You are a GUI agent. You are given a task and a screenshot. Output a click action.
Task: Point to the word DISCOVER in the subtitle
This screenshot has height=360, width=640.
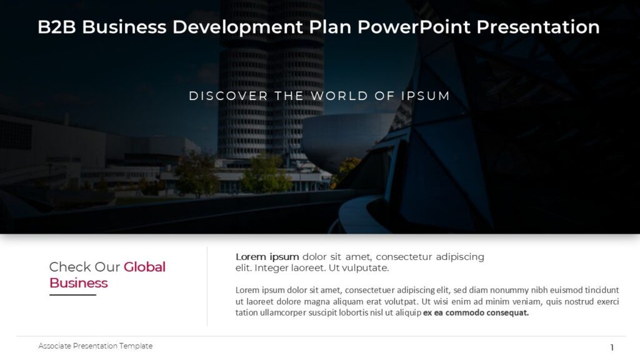(220, 96)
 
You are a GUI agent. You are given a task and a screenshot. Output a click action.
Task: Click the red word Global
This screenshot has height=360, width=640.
(144, 267)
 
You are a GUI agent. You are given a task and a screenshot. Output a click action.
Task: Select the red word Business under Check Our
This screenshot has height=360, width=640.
(79, 283)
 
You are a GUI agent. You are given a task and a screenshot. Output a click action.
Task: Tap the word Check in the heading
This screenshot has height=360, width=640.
(70, 267)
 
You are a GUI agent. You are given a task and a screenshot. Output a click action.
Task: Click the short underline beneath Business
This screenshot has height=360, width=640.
(72, 294)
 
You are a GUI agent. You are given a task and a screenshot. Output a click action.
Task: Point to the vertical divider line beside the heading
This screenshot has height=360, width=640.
(207, 286)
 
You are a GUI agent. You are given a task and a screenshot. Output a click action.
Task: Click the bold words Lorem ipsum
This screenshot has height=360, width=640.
(267, 257)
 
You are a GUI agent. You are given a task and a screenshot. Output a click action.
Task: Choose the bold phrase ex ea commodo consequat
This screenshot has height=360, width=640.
(476, 312)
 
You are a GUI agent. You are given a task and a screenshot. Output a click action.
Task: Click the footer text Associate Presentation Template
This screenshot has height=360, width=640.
(95, 346)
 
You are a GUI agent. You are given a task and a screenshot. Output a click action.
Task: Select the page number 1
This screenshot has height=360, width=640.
(612, 347)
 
